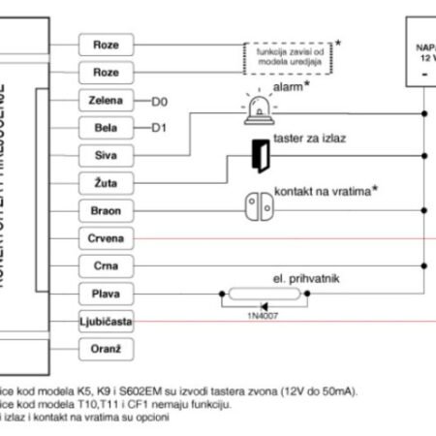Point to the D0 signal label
[160, 100]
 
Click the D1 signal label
[160, 127]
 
